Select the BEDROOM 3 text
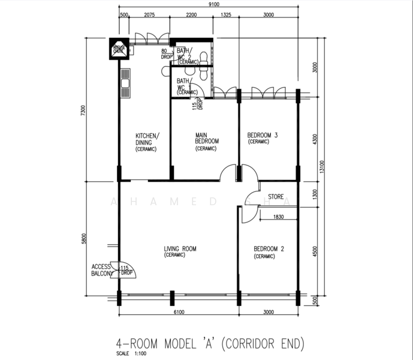(263, 136)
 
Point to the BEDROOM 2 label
(268, 249)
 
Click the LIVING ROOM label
(180, 249)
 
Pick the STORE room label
(276, 196)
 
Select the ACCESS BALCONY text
(102, 270)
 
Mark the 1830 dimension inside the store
(278, 217)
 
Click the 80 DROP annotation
(166, 55)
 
